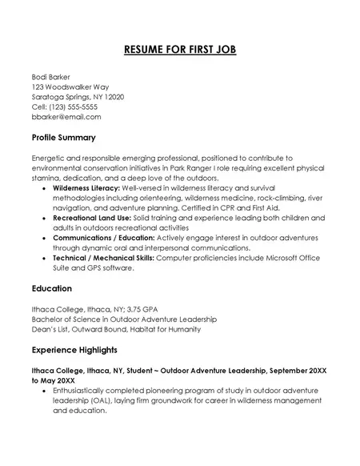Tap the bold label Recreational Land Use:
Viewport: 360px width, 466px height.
(x=91, y=218)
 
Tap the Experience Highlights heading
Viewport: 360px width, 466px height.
(x=74, y=350)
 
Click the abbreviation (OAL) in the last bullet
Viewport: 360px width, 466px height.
(x=102, y=412)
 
